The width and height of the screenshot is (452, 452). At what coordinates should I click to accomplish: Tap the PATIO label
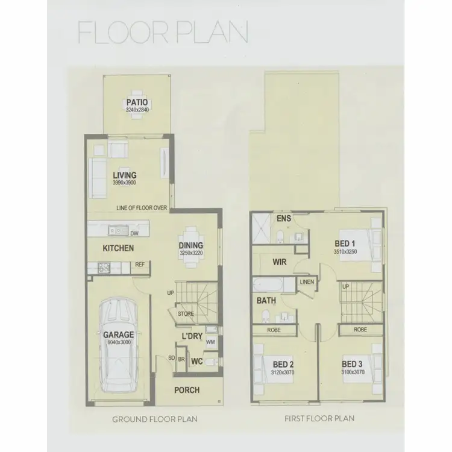click(137, 102)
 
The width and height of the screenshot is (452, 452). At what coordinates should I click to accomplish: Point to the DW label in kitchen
click(134, 233)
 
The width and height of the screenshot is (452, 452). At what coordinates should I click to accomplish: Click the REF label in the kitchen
click(139, 264)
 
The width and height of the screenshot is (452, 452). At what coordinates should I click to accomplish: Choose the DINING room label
click(190, 245)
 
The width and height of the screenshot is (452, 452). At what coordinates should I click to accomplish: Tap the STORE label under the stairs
click(185, 313)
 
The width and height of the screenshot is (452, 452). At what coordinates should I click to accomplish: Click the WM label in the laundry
click(210, 342)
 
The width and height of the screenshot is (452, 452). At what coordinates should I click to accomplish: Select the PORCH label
click(187, 390)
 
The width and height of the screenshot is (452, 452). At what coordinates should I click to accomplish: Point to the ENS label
click(284, 218)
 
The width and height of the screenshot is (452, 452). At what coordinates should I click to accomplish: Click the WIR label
click(279, 262)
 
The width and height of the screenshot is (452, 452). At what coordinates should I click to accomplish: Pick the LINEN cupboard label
click(306, 281)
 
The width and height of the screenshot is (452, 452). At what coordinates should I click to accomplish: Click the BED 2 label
click(283, 365)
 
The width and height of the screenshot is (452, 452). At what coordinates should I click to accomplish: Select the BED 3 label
click(351, 365)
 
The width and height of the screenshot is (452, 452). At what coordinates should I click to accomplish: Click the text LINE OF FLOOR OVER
click(142, 209)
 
